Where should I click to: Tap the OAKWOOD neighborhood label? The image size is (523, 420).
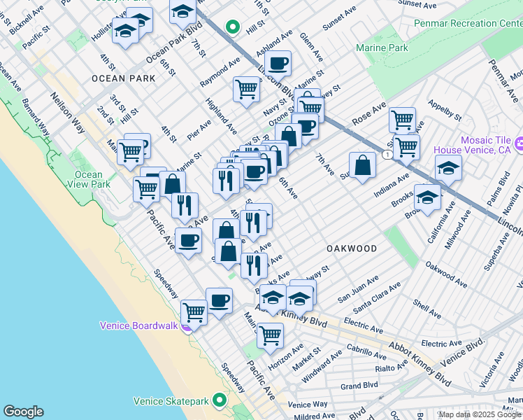click(x=352, y=248)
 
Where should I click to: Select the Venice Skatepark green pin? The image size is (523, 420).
click(x=220, y=401)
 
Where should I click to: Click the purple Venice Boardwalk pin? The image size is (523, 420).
click(x=186, y=326)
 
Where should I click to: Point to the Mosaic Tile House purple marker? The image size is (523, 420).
click(x=519, y=144)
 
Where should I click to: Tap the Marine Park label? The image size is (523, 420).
click(x=381, y=48)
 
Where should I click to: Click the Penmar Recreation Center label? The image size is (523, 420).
click(x=473, y=23)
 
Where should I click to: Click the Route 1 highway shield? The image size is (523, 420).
click(x=387, y=153)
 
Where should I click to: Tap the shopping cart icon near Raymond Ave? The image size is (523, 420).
click(x=246, y=89)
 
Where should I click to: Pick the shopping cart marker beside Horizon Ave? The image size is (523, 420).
click(x=270, y=334)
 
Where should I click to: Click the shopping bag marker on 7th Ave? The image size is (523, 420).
click(x=361, y=166)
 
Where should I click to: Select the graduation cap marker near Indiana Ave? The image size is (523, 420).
click(x=448, y=168)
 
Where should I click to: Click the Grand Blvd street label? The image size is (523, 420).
click(x=359, y=386)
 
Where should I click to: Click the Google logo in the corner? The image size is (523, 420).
click(x=23, y=412)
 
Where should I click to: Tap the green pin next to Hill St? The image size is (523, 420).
click(x=232, y=27)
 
